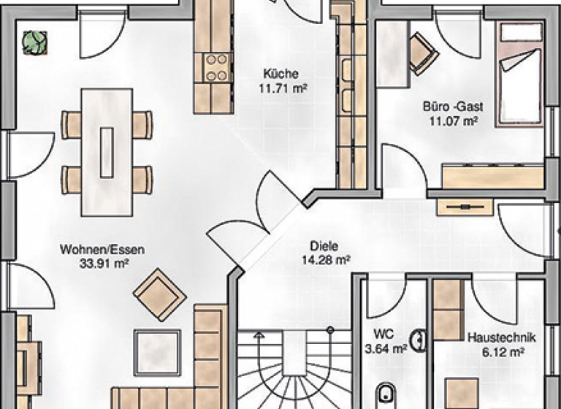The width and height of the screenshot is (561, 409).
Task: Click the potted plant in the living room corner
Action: point(32,42)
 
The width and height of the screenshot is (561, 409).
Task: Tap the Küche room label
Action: point(280,74)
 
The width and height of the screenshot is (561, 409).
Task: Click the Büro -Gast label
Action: point(453,107)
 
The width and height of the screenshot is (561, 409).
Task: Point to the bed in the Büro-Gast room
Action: point(519,73)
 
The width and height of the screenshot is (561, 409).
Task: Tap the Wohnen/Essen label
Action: point(102,250)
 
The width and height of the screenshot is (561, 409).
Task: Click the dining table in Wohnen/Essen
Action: point(107,152)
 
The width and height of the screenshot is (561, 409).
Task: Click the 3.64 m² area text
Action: point(385,348)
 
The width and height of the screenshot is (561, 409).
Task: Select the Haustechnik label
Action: point(501,338)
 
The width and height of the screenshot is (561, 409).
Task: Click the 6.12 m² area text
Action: point(501,351)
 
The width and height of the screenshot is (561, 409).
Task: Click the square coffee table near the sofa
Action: point(157,350)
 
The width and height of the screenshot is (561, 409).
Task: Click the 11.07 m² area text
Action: point(453,121)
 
